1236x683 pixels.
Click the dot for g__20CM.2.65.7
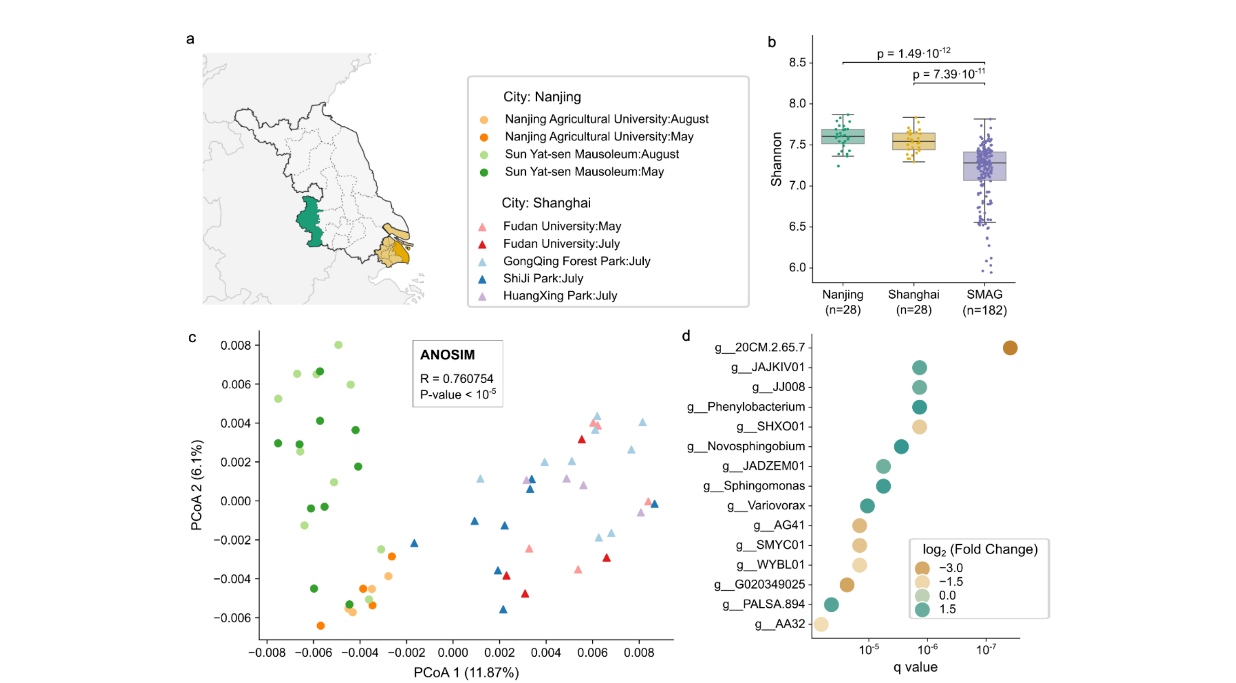(x=1009, y=348)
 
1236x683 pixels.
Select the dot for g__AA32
(x=821, y=624)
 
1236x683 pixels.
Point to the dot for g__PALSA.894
(x=831, y=604)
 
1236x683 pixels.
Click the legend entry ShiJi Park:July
(x=543, y=279)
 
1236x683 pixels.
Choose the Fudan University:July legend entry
(x=561, y=244)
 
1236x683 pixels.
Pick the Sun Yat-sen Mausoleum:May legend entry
(x=584, y=172)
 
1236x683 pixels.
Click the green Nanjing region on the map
(x=310, y=223)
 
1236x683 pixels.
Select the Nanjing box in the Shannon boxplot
(x=843, y=137)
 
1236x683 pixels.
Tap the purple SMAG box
(x=984, y=167)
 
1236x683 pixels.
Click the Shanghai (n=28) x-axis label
(x=913, y=302)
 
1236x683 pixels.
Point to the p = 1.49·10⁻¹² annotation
(x=913, y=53)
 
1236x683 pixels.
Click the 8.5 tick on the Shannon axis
(x=797, y=63)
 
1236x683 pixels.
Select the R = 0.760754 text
(x=456, y=379)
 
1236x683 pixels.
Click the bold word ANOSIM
(x=447, y=355)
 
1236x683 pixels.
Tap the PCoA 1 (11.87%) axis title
(x=466, y=672)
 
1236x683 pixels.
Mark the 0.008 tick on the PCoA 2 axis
(x=236, y=345)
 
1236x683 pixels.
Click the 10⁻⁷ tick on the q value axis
(x=986, y=650)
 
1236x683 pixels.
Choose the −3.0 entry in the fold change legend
(x=951, y=568)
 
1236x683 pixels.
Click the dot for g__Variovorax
(x=867, y=506)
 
